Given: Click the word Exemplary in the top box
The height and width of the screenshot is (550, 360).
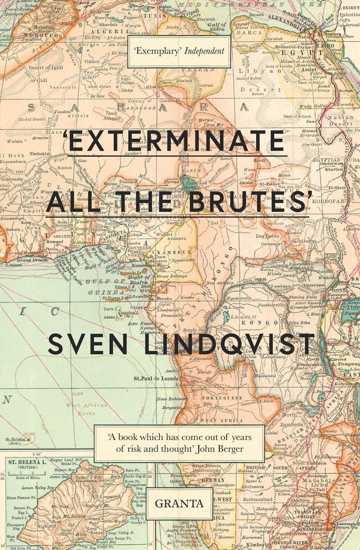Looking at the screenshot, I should [x=158, y=51].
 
